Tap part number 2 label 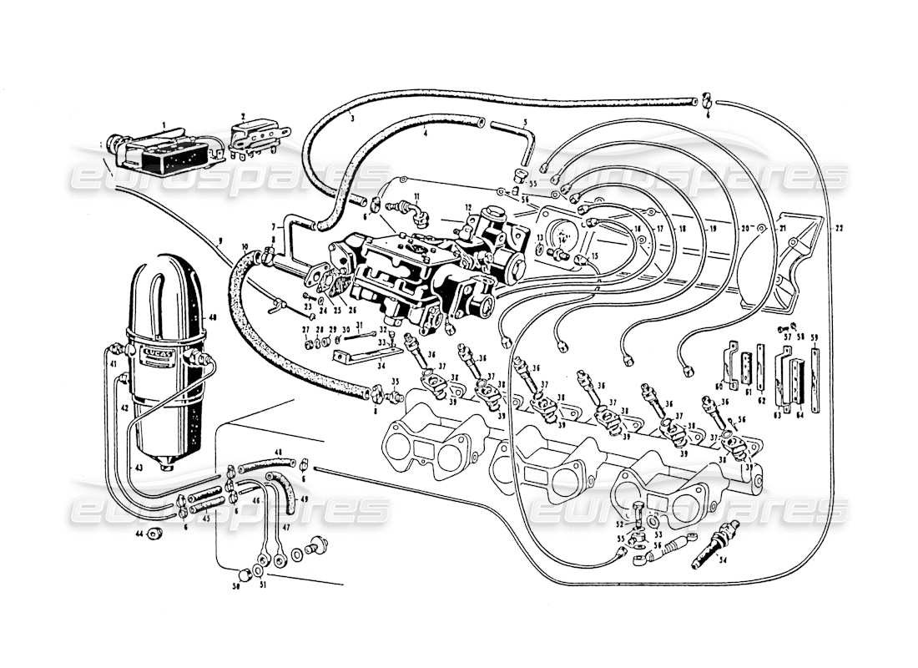(243, 118)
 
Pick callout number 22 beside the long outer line (838, 228)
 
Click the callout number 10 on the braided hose (245, 247)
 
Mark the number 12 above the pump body (469, 207)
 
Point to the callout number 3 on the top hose (352, 119)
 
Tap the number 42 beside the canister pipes (122, 409)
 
